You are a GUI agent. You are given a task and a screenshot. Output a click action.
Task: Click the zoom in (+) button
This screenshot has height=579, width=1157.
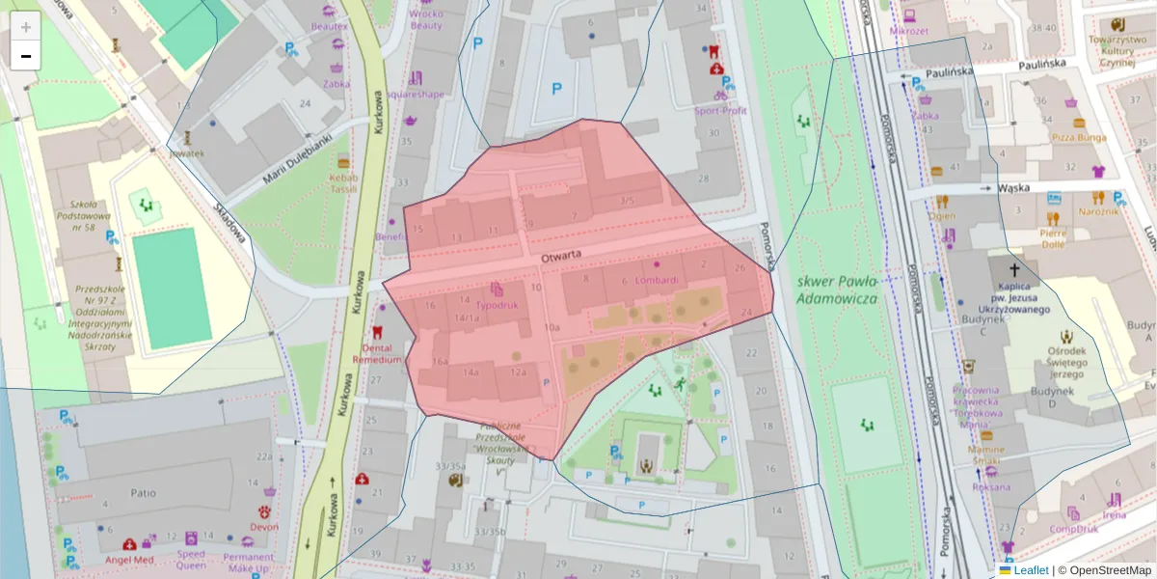click(26, 26)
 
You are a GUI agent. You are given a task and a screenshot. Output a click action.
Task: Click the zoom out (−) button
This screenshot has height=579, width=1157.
click(26, 56)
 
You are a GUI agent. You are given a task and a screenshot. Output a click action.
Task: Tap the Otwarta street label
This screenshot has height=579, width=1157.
click(560, 258)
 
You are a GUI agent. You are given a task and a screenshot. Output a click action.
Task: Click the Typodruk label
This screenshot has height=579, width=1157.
click(497, 304)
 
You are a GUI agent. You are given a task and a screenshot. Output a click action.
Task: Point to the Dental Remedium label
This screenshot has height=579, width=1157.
click(377, 352)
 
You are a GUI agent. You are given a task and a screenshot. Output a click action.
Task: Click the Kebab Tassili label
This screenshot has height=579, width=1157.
click(343, 183)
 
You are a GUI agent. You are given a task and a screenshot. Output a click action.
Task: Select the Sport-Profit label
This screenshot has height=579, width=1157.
click(720, 111)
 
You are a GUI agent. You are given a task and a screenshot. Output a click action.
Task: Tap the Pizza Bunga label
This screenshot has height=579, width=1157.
click(1079, 137)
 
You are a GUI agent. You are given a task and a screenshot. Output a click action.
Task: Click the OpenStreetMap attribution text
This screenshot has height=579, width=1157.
click(1104, 570)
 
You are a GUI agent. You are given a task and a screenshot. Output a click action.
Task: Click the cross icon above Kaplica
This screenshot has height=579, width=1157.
click(1014, 271)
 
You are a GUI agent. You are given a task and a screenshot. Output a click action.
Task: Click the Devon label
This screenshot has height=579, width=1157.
click(263, 526)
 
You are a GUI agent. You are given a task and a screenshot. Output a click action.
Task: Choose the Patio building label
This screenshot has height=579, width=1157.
click(143, 493)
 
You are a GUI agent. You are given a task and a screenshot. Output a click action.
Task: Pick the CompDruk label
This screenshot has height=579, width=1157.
click(1074, 528)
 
